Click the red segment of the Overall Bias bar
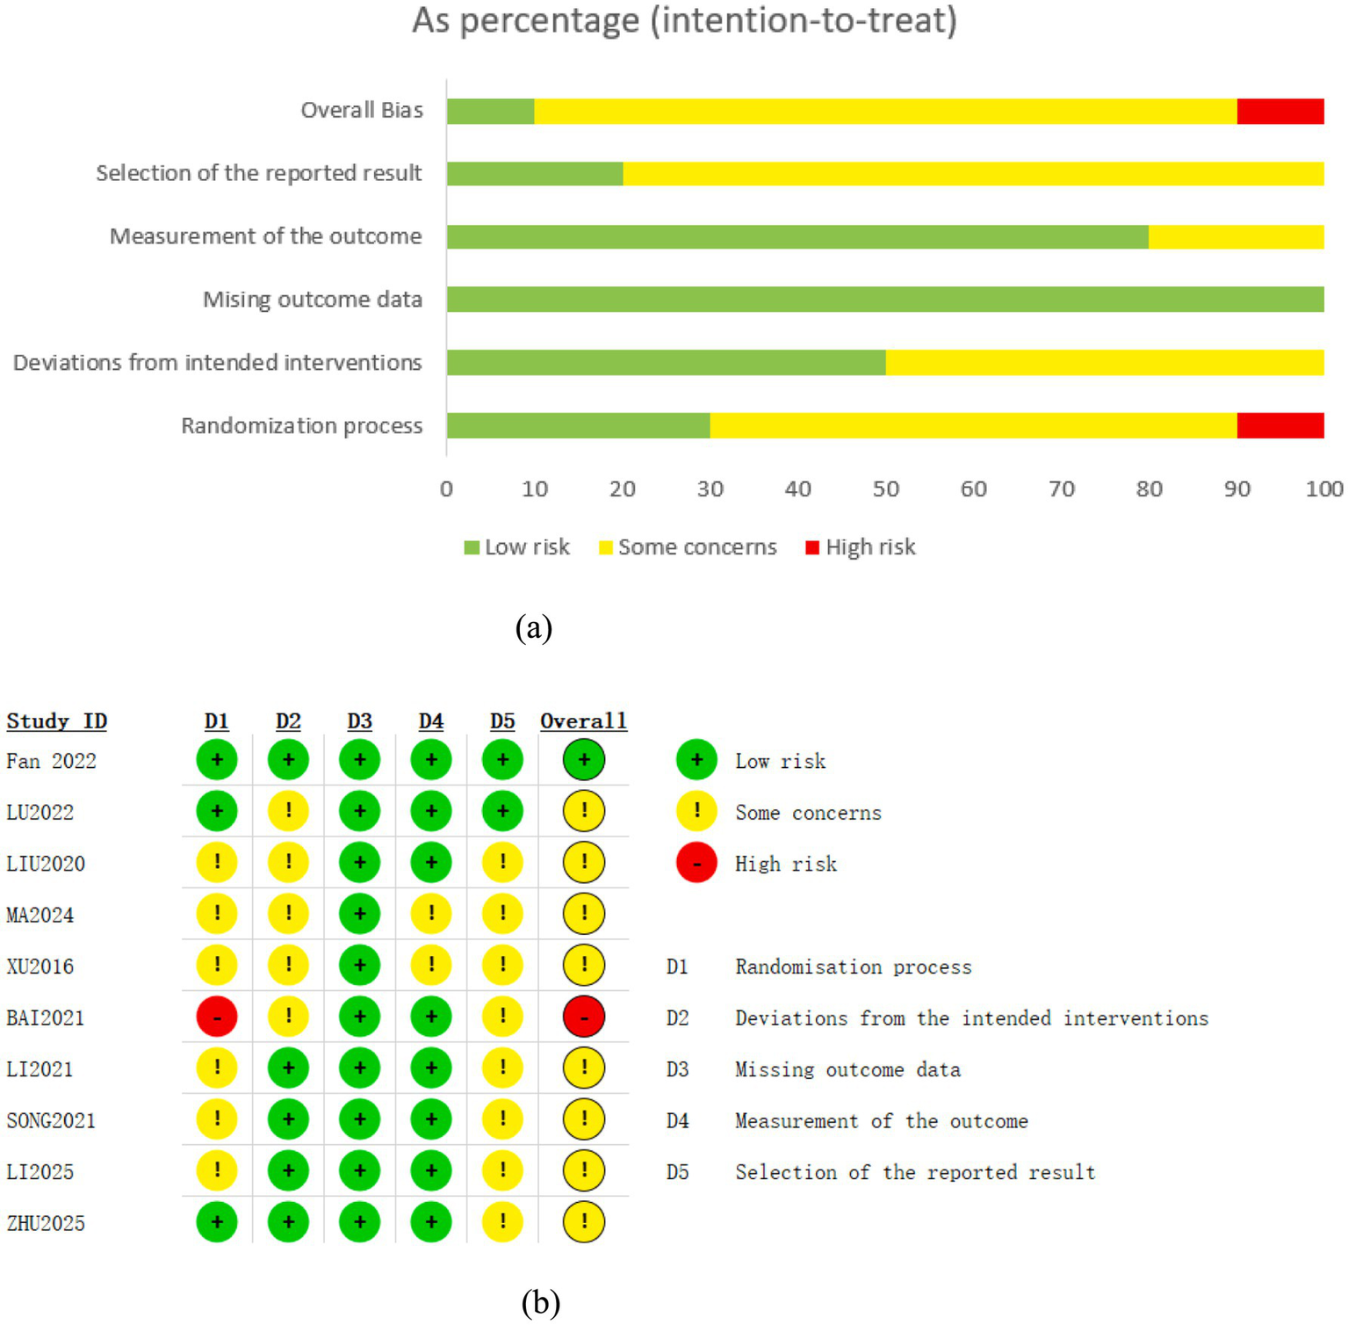pyautogui.click(x=1280, y=112)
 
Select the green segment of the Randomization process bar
pyautogui.click(x=578, y=426)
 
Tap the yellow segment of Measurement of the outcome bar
pyautogui.click(x=1236, y=237)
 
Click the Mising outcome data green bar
pyautogui.click(x=884, y=300)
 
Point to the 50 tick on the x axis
pyautogui.click(x=885, y=489)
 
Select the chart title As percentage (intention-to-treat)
pyautogui.click(x=684, y=20)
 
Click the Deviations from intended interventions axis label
pyautogui.click(x=217, y=363)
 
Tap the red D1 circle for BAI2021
pyautogui.click(x=217, y=1017)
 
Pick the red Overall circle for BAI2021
pyautogui.click(x=584, y=1017)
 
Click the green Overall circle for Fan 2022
pyautogui.click(x=584, y=760)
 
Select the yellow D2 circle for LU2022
pyautogui.click(x=288, y=811)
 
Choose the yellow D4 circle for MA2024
pyautogui.click(x=431, y=914)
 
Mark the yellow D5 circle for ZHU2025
pyautogui.click(x=502, y=1222)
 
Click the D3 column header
pyautogui.click(x=359, y=721)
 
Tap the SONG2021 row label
pyautogui.click(x=51, y=1121)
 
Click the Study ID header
pyautogui.click(x=57, y=721)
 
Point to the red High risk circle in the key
pyautogui.click(x=696, y=864)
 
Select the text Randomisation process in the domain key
pyautogui.click(x=853, y=967)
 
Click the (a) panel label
pyautogui.click(x=534, y=627)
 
